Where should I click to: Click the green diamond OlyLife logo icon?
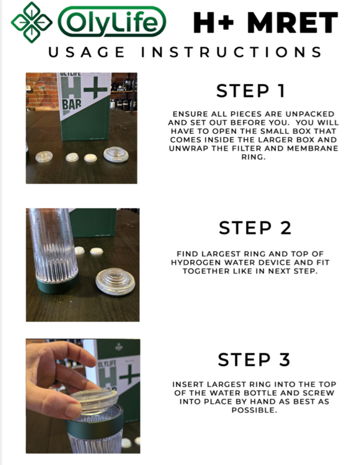(32, 22)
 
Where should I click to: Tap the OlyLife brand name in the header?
(111, 23)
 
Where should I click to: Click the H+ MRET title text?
(265, 23)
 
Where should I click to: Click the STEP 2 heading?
(255, 228)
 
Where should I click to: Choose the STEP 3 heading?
(254, 359)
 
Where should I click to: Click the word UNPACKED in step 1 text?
(305, 114)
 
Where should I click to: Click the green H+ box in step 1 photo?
(84, 105)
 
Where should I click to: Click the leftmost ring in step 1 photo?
(44, 156)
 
